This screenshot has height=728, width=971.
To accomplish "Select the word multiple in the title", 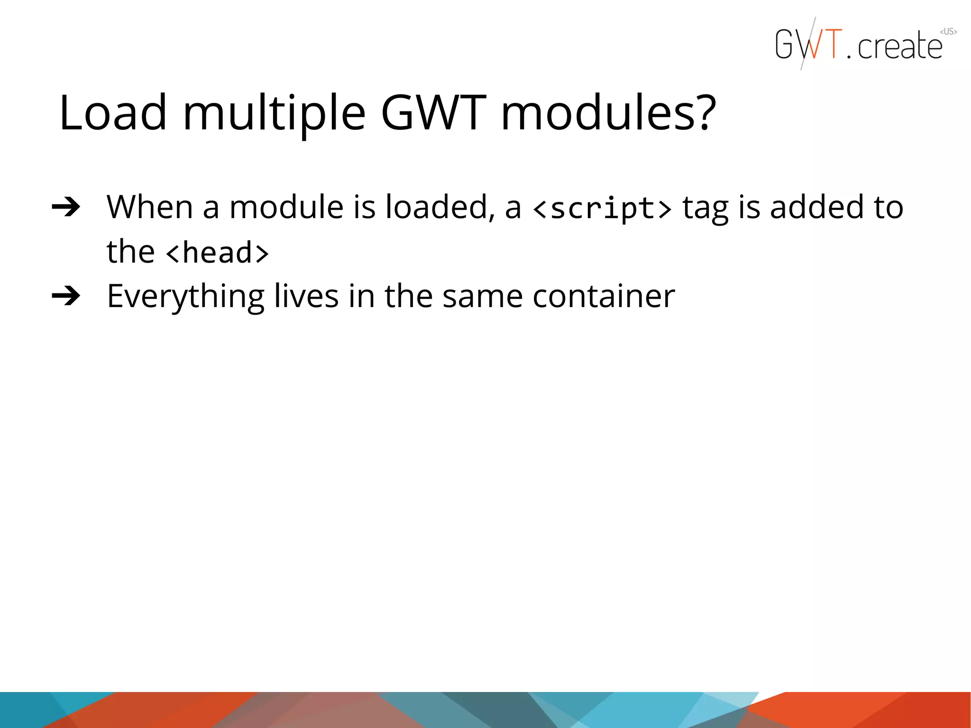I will [x=274, y=114].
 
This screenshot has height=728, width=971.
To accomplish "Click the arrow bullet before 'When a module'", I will [x=66, y=207].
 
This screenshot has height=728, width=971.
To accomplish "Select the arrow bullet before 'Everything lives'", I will [x=66, y=296].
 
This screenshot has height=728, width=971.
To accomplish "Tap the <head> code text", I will [x=217, y=253].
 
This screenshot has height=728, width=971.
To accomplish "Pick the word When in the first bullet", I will [x=149, y=207].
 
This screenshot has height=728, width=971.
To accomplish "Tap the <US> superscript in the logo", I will [x=948, y=32].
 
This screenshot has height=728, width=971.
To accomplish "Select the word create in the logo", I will [x=900, y=46].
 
